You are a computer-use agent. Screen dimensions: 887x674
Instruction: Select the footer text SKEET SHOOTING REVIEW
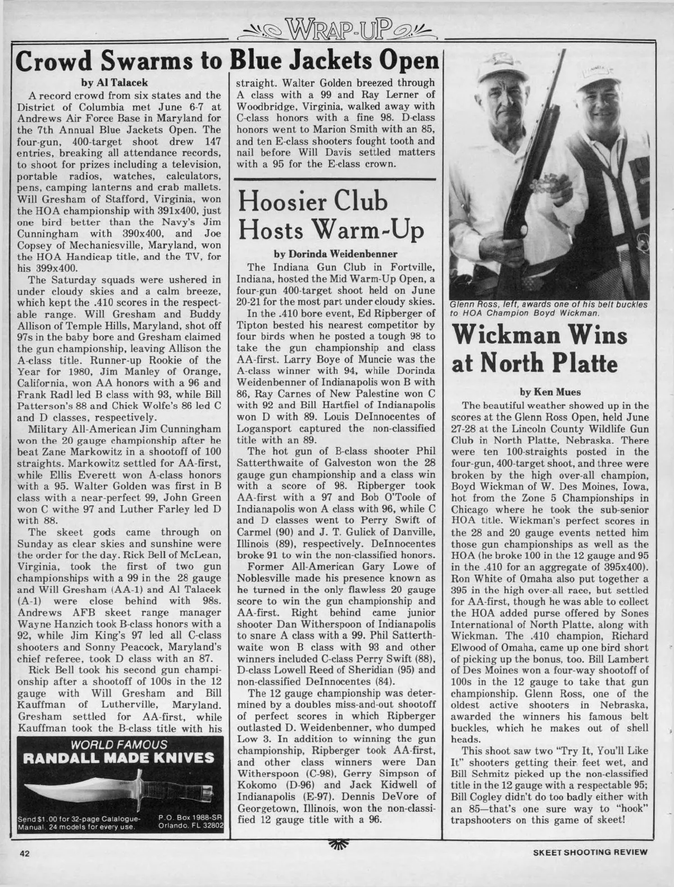[x=591, y=867]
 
